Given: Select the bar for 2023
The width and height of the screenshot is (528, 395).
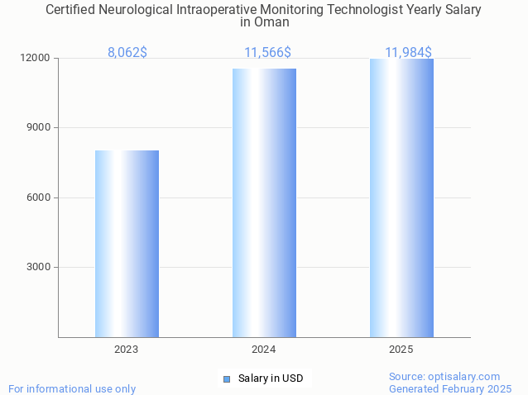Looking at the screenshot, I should tap(127, 244).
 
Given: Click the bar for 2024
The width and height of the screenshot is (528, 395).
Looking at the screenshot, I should tap(264, 202).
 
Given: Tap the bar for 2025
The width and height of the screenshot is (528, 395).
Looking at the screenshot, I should tap(401, 198).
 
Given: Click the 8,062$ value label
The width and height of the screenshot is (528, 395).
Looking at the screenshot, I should tap(127, 52).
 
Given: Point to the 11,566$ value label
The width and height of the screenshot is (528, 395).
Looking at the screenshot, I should tap(267, 52).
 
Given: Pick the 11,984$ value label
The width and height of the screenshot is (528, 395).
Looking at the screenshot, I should tap(408, 52).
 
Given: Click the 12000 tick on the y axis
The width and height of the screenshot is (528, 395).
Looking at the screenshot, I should tap(36, 59).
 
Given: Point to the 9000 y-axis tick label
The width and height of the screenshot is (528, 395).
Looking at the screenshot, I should tap(40, 128).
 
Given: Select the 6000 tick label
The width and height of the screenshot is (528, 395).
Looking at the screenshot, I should tap(40, 197).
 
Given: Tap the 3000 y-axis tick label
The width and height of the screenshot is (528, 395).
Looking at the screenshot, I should tap(40, 267).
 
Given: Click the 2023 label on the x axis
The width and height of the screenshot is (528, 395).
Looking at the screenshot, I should tap(127, 350).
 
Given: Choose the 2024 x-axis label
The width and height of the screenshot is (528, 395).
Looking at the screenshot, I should tap(264, 350).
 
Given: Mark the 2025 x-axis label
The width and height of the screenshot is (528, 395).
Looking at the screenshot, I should tap(401, 350).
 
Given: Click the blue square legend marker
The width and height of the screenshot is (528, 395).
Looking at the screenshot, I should tap(226, 378).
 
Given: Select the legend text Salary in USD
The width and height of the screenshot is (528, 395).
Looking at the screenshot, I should tap(271, 378).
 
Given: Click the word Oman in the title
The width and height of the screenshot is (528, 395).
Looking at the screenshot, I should tap(264, 22).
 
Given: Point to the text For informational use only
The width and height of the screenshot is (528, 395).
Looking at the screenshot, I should tap(72, 388).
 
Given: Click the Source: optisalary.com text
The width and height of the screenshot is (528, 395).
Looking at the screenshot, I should tap(444, 376).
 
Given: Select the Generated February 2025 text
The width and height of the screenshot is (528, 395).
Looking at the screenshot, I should tap(450, 388).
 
